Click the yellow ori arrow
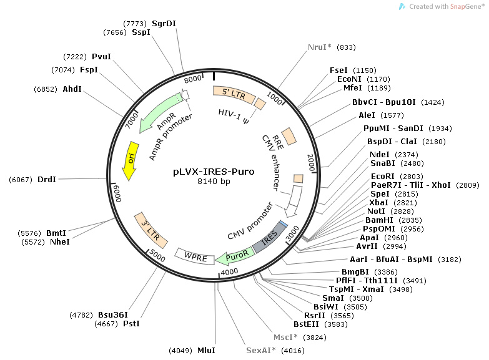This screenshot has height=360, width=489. tap(131, 160)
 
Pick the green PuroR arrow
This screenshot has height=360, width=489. tap(234, 256)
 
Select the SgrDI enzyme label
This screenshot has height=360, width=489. tap(164, 23)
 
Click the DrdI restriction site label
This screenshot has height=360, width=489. tap(46, 180)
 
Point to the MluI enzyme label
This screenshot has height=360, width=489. tap(205, 351)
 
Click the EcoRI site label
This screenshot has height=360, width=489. tap(382, 177)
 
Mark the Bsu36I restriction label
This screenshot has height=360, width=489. tap(112, 314)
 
